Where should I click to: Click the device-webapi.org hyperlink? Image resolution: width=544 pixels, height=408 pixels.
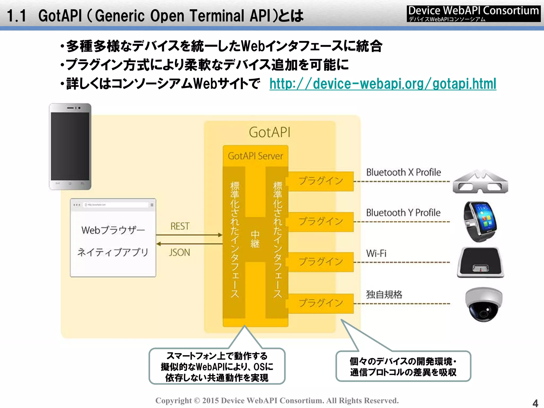click(382, 84)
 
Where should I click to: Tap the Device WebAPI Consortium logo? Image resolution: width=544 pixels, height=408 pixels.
click(473, 14)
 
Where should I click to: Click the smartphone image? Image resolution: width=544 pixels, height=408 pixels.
click(70, 147)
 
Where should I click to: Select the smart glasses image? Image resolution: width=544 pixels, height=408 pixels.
click(480, 182)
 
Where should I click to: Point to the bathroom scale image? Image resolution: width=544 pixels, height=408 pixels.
click(480, 262)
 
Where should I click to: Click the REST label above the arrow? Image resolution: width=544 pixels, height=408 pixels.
click(180, 226)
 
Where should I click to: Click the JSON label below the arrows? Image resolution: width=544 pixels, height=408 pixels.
click(180, 252)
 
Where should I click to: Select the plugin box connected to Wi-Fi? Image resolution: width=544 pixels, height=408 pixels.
click(321, 262)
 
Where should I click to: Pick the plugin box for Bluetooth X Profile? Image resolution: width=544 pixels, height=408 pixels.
click(321, 181)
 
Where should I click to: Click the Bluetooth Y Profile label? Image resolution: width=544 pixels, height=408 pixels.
click(403, 213)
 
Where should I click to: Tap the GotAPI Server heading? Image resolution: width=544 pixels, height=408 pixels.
click(255, 156)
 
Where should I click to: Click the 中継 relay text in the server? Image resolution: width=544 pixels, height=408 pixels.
click(255, 239)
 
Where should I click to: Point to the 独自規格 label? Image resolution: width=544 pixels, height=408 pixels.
click(384, 295)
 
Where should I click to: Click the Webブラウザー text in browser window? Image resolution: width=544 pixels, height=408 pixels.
click(113, 230)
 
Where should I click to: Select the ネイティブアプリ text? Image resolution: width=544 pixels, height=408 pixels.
click(113, 252)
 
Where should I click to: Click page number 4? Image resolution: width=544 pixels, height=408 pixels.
click(535, 403)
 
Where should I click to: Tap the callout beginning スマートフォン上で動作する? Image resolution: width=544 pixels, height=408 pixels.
click(217, 367)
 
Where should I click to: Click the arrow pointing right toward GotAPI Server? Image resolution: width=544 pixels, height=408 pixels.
click(189, 235)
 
